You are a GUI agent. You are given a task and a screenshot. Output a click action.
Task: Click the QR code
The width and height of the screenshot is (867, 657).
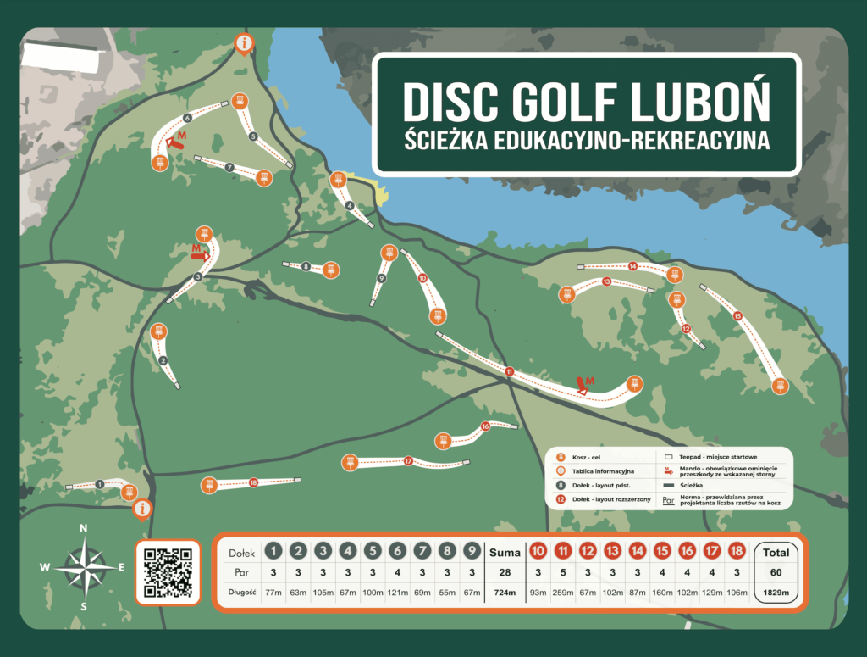click(x=168, y=572)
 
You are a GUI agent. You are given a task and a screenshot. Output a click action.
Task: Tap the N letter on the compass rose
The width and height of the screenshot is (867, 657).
click(x=83, y=528)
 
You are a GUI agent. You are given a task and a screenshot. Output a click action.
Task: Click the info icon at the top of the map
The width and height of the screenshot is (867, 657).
click(x=245, y=42)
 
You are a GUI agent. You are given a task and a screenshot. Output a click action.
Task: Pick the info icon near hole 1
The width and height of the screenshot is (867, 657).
click(x=142, y=508)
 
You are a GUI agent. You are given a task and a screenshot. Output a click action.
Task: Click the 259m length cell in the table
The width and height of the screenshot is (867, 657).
click(x=562, y=592)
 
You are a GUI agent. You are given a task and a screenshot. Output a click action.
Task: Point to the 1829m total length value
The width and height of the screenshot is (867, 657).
click(x=776, y=592)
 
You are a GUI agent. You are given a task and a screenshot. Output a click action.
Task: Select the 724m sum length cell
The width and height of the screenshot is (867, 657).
click(x=505, y=592)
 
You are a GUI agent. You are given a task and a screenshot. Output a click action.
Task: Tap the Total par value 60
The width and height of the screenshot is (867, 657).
click(x=776, y=572)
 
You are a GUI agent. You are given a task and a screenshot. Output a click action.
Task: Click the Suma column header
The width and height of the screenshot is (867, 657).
click(x=505, y=553)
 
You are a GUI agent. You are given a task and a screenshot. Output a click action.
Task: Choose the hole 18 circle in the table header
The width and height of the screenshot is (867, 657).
click(x=737, y=552)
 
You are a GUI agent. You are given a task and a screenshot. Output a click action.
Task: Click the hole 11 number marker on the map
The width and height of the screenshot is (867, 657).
click(x=509, y=371)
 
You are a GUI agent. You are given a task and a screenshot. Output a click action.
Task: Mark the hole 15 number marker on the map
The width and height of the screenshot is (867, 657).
click(x=737, y=316)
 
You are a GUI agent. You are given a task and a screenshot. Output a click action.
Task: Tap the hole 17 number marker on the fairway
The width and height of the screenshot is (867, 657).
click(x=408, y=461)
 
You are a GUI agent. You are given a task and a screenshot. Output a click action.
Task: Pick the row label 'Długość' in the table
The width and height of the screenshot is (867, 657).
click(x=242, y=592)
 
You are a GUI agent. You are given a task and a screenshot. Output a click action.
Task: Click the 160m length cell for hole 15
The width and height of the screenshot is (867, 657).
click(x=662, y=592)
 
